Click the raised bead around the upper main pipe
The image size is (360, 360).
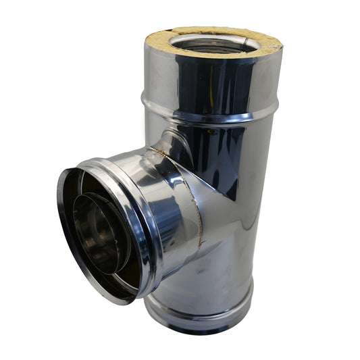point(209,111)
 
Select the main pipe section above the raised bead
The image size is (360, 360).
point(203,78)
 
